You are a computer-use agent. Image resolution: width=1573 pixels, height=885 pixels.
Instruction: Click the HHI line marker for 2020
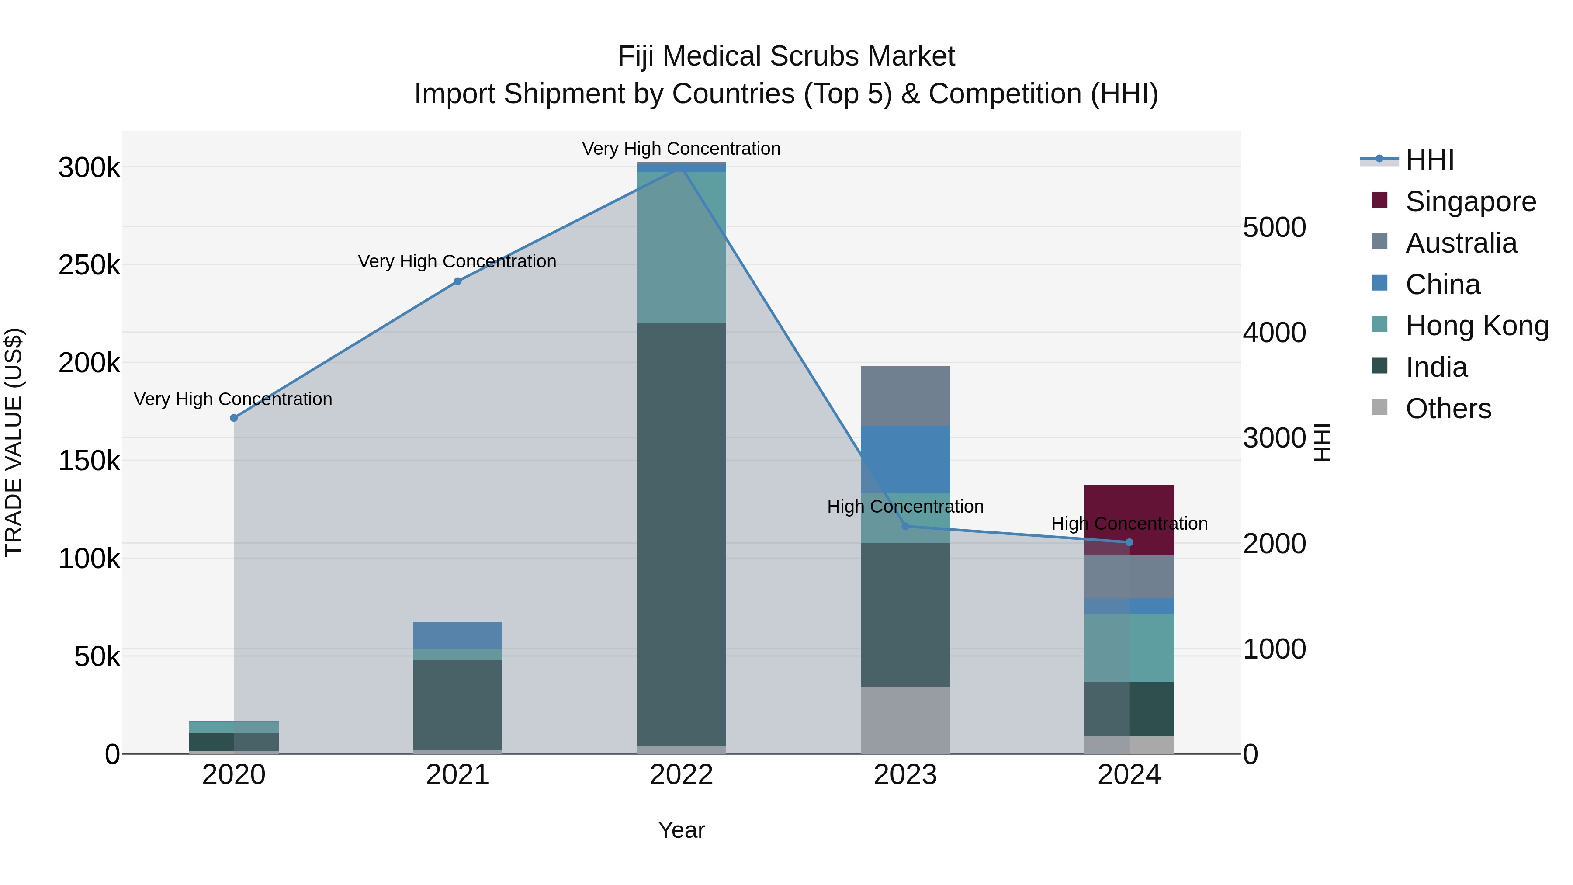[233, 418]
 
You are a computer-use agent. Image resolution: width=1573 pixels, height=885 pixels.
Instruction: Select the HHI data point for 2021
[457, 281]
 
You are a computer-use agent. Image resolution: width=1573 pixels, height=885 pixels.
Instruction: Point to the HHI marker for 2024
[1129, 542]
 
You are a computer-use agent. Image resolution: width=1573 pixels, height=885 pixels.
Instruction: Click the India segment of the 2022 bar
[682, 534]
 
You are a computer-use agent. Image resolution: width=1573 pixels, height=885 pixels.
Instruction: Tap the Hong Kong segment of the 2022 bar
[682, 247]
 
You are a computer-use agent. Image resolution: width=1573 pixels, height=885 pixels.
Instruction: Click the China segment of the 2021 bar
[457, 635]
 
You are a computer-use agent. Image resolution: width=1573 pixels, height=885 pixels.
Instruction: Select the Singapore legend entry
[1470, 201]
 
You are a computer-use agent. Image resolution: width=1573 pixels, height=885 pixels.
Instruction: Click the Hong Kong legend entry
[1476, 326]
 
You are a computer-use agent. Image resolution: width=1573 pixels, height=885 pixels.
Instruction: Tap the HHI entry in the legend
[1429, 160]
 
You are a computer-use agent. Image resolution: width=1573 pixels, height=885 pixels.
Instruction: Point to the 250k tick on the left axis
[89, 265]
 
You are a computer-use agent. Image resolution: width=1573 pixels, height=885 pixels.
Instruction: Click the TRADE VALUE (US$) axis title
[14, 442]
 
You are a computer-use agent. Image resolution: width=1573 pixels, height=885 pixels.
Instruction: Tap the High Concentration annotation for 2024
[1129, 524]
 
